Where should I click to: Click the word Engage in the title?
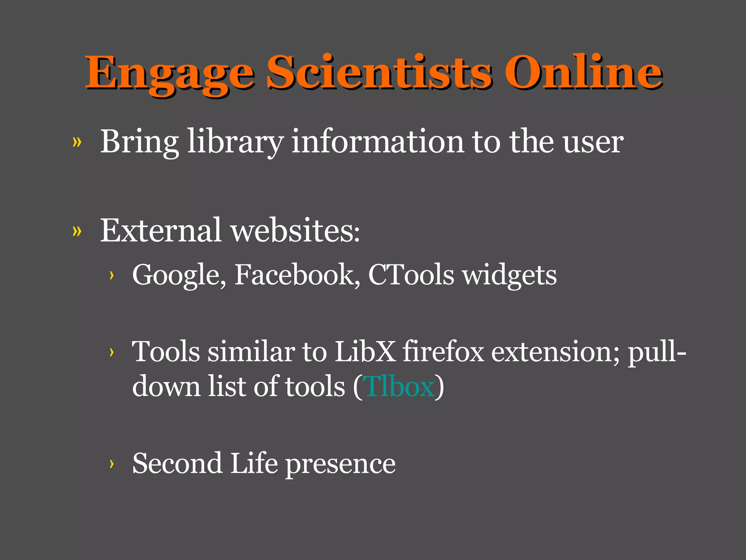tap(169, 73)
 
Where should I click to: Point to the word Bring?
tap(139, 142)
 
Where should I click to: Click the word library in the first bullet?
tap(235, 142)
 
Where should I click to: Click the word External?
tap(161, 230)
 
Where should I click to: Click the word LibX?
tap(365, 351)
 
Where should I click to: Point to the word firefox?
tap(443, 351)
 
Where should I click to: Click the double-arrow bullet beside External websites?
tap(77, 231)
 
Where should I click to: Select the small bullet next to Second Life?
tap(111, 464)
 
